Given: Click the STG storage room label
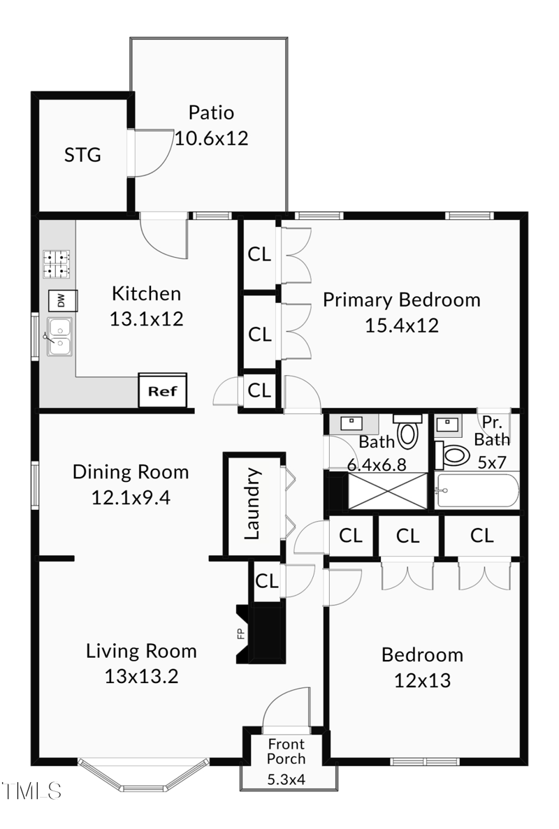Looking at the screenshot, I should (x=82, y=154).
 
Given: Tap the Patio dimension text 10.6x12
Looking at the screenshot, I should (x=211, y=138).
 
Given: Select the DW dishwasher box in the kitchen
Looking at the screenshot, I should (x=61, y=301).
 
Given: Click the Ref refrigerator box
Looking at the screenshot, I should (x=162, y=391).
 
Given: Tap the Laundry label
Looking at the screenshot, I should (x=252, y=504).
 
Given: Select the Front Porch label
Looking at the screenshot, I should (x=286, y=751).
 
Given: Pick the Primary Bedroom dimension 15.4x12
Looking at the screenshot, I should (x=402, y=325).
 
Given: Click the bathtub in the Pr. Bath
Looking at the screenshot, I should (x=477, y=490).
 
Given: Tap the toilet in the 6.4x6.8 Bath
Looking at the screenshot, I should (x=407, y=431).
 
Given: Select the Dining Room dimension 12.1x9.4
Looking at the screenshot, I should (x=131, y=497).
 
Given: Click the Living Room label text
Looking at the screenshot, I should (x=141, y=651).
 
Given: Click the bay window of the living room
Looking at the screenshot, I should (x=142, y=774).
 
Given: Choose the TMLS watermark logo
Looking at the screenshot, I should (x=32, y=791).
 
